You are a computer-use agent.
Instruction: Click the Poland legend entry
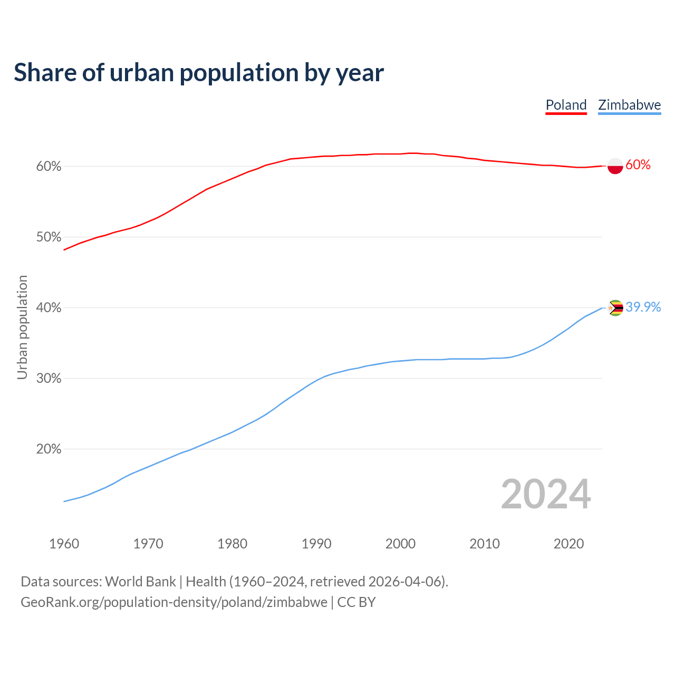click(566, 105)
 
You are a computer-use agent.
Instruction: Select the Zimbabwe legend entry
click(629, 105)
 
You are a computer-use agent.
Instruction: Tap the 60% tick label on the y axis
click(49, 167)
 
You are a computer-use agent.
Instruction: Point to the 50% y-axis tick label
click(49, 237)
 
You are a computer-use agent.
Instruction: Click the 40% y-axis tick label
click(49, 308)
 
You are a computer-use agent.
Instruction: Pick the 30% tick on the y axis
click(49, 379)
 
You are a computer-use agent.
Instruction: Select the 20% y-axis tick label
click(49, 449)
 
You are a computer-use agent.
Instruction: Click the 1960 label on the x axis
click(64, 544)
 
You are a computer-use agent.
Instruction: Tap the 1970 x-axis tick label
click(148, 544)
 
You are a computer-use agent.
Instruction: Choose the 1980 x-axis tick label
click(232, 544)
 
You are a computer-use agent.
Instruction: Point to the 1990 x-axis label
click(316, 544)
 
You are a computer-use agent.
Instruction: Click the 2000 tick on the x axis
click(400, 544)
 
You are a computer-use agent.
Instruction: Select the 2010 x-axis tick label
click(485, 544)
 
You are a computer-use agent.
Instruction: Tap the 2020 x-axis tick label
click(568, 544)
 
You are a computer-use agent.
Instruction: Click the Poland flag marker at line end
click(615, 166)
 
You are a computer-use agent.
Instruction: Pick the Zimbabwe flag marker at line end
click(615, 307)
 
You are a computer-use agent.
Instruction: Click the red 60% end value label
click(638, 165)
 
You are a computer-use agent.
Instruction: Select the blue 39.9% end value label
click(643, 307)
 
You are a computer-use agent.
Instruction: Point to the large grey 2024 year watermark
click(546, 494)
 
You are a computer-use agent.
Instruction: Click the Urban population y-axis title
click(22, 327)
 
